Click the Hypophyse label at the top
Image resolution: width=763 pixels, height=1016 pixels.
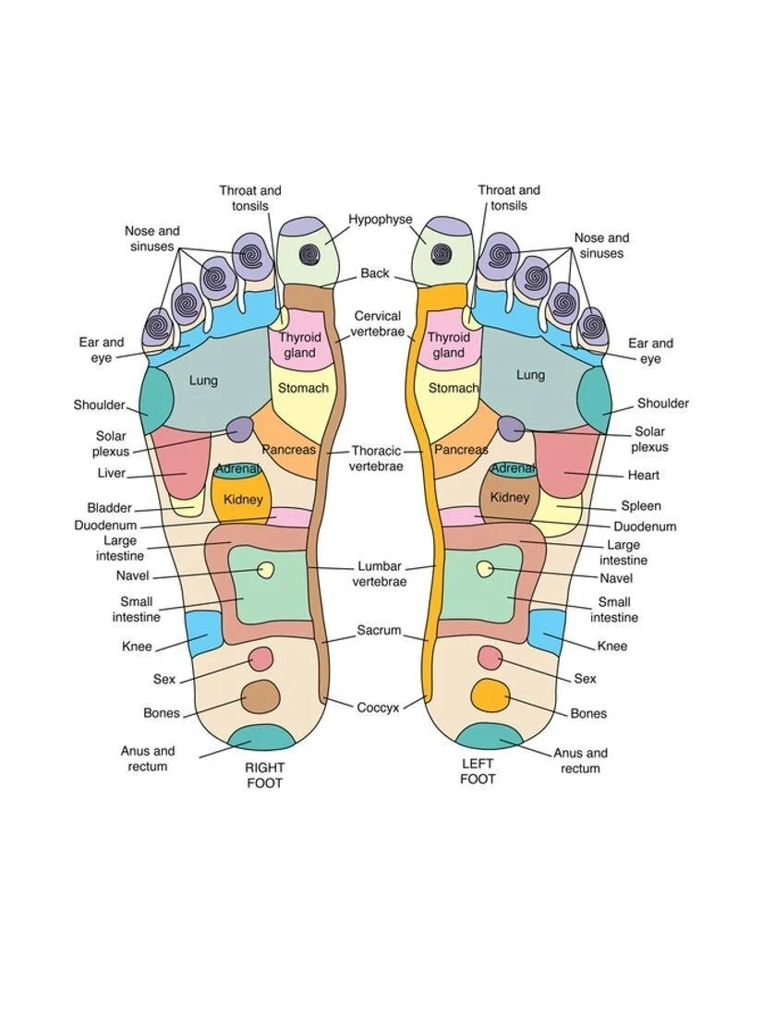coord(380,220)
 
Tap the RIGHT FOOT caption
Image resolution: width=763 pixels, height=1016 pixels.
coord(264,775)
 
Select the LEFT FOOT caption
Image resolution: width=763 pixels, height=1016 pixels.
coord(478,771)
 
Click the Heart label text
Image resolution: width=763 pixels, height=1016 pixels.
coord(643,476)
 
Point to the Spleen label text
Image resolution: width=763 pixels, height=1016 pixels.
coord(640,506)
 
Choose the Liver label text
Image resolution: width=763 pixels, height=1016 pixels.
coord(111,474)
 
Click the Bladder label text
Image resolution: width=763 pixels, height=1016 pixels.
coord(109,508)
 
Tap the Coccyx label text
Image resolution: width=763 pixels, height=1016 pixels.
coord(378,708)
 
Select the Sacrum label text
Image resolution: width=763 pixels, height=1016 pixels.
coord(379,631)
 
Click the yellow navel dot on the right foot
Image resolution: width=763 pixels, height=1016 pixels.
coord(266,570)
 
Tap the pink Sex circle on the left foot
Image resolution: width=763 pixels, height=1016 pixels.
coord(490,658)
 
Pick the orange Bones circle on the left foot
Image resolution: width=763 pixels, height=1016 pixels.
coord(490,695)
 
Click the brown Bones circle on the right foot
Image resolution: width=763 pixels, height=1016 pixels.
coord(260,696)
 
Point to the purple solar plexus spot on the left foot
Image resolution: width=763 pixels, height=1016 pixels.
coord(511,428)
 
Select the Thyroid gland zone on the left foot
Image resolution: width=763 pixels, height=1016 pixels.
coord(449,345)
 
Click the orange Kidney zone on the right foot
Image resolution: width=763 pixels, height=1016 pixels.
coord(242,499)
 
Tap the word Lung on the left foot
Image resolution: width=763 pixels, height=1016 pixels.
coord(530,375)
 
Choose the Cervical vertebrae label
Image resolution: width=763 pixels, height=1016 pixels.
coord(377,323)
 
